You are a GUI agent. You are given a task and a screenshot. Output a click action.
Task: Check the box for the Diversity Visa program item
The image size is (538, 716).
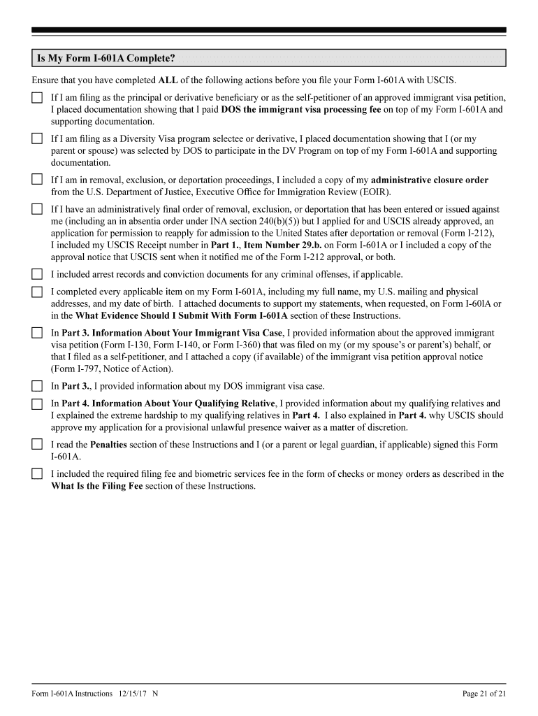click(x=37, y=139)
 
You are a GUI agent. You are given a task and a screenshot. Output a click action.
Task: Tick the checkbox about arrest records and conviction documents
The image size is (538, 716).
click(x=37, y=275)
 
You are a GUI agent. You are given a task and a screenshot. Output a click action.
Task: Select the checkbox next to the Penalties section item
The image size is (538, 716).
click(x=37, y=445)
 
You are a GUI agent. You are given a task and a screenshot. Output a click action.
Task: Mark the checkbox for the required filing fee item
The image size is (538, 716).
click(x=37, y=474)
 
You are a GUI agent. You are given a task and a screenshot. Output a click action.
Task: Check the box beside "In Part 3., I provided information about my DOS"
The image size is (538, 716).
click(x=37, y=386)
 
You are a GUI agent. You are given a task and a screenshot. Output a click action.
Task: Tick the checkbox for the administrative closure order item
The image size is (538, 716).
click(x=37, y=180)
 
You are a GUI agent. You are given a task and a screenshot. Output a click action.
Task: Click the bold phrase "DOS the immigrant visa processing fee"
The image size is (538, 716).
click(x=300, y=110)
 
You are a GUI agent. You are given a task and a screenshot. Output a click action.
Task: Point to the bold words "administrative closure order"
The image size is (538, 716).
click(x=430, y=180)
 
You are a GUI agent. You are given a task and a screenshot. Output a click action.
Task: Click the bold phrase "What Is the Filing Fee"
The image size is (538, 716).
click(x=100, y=485)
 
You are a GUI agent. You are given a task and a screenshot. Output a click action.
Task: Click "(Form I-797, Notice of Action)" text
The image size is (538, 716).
click(x=112, y=369)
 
